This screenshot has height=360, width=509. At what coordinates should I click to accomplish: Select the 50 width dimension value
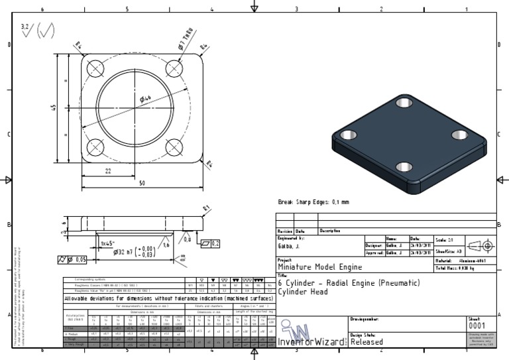pyautogui.click(x=142, y=184)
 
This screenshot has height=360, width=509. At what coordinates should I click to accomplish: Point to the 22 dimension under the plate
pyautogui.click(x=107, y=171)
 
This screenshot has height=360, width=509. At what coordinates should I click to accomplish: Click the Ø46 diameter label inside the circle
pyautogui.click(x=144, y=99)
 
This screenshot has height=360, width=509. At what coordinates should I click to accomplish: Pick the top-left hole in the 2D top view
pyautogui.click(x=95, y=68)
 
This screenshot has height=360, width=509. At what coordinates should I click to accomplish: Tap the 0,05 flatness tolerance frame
pyautogui.click(x=74, y=259)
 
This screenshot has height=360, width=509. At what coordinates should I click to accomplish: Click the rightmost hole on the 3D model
pyautogui.click(x=460, y=135)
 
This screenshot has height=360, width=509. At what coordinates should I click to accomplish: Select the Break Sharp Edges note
pyautogui.click(x=313, y=202)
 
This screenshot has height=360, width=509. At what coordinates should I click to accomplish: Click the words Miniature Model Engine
pyautogui.click(x=319, y=268)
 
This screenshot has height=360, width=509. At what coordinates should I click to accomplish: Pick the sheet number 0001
pyautogui.click(x=477, y=326)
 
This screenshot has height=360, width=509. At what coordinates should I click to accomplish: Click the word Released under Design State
pyautogui.click(x=366, y=343)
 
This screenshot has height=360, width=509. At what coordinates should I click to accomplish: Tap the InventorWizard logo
pyautogui.click(x=311, y=334)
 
